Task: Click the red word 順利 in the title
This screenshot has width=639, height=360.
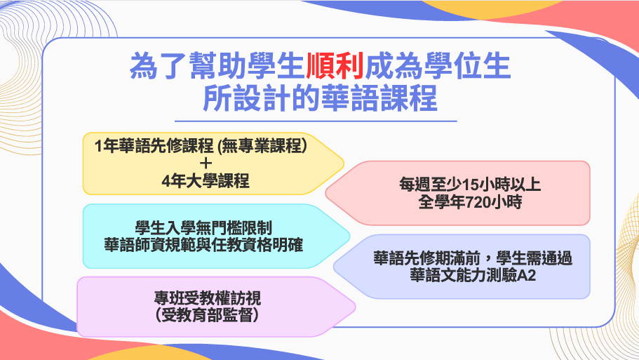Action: [x=335, y=66]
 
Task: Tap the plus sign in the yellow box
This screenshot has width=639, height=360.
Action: [x=206, y=163]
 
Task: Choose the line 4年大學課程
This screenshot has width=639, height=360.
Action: [x=206, y=181]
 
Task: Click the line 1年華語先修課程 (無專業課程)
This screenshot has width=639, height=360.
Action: [x=201, y=145]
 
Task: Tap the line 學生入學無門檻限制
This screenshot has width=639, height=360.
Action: [x=203, y=228]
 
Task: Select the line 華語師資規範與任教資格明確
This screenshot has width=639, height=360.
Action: [x=203, y=245]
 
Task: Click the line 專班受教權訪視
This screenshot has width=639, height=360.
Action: [x=208, y=298]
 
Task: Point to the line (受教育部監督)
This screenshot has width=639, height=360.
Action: [x=207, y=315]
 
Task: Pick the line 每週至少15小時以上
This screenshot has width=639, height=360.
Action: [x=470, y=185]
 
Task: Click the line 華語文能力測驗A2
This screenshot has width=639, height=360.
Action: [x=473, y=276]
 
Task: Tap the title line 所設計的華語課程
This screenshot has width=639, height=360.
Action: [x=321, y=98]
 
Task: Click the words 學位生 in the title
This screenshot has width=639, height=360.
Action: [x=467, y=66]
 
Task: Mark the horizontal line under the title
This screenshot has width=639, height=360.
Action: [x=316, y=121]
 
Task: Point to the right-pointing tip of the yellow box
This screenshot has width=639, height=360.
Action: [x=344, y=164]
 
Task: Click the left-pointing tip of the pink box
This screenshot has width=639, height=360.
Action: [x=325, y=192]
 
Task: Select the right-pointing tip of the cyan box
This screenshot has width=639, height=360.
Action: [x=349, y=236]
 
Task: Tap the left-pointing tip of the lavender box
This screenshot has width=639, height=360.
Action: [x=334, y=266]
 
